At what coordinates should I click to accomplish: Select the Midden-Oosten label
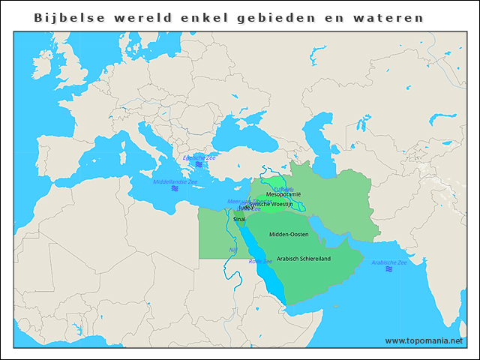coord(289,235)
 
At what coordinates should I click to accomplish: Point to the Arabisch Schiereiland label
coord(303,259)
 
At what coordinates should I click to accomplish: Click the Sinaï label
coord(239,219)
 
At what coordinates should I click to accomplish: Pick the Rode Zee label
coord(260,262)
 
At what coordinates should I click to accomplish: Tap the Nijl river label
coord(232,250)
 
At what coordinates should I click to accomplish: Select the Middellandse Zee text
coord(175,182)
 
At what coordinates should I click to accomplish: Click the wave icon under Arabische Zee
coord(388,269)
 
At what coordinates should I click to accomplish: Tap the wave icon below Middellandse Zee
coord(175,189)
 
